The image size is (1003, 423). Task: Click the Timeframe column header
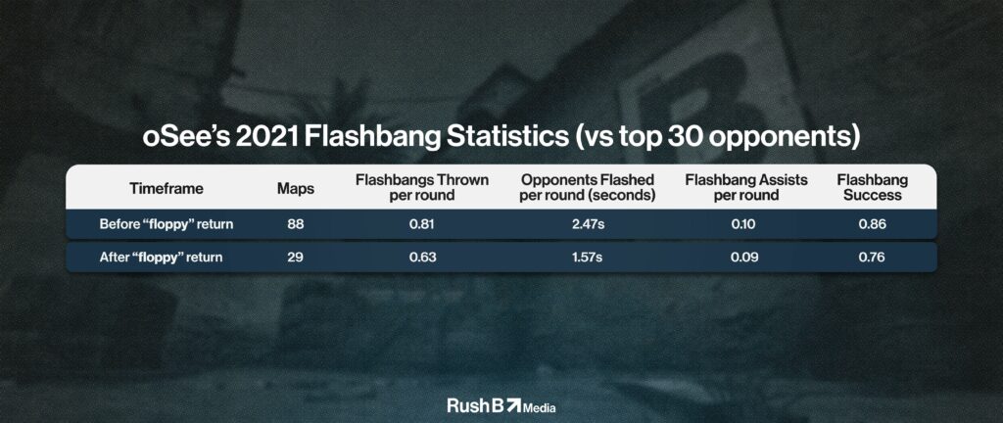click(167, 189)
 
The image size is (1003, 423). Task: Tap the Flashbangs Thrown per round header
click(422, 188)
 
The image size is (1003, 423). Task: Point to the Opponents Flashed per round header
click(588, 188)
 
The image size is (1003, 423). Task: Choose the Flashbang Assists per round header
click(745, 188)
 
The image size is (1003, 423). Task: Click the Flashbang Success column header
click(873, 188)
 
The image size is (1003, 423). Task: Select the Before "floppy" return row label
click(167, 224)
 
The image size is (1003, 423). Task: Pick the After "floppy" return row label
click(162, 258)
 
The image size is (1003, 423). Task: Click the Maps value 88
click(294, 224)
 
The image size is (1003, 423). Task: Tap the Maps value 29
click(294, 258)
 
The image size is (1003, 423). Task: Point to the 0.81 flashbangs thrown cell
click(422, 224)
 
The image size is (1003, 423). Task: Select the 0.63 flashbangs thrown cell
click(422, 258)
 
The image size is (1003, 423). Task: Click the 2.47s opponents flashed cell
click(588, 224)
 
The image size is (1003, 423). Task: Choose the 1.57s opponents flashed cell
click(588, 258)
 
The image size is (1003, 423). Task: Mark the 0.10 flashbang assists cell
click(745, 224)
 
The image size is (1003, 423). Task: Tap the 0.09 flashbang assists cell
click(745, 258)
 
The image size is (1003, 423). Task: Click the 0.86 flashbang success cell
click(873, 224)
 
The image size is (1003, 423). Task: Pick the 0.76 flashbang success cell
click(873, 258)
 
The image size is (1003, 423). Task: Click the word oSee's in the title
click(184, 138)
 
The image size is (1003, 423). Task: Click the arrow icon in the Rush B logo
click(513, 404)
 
